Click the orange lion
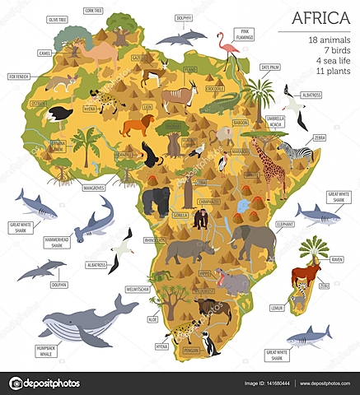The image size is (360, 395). tap(137, 124)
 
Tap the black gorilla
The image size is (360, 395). tap(156, 199)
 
